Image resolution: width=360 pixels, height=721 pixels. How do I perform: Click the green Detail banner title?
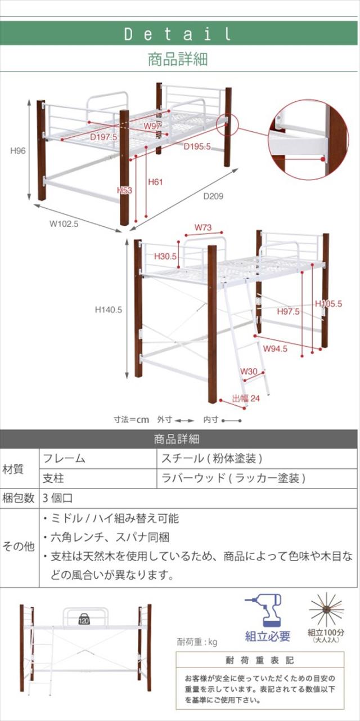tap(178, 34)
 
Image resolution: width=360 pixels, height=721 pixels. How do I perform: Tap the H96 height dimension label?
tap(18, 151)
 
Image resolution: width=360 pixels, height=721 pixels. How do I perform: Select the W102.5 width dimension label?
tap(64, 223)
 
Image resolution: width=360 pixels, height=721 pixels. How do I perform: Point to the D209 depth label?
tap(213, 196)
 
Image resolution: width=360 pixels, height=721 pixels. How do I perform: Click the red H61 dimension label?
tap(155, 182)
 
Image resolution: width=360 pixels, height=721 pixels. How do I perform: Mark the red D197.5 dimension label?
tap(103, 137)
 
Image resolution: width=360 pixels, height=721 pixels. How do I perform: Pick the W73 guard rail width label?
tap(203, 227)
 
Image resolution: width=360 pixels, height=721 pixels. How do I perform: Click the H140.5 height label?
tap(109, 310)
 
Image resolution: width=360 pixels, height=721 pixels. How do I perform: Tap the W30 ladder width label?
tap(249, 371)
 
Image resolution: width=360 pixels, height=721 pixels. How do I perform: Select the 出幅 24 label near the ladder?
tap(246, 398)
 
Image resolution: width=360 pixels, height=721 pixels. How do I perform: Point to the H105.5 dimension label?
tap(328, 303)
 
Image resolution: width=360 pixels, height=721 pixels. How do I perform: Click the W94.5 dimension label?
tap(275, 348)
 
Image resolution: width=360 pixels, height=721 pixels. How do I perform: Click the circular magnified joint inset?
tap(309, 140)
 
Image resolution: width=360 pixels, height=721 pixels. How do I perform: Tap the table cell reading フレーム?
tap(64, 458)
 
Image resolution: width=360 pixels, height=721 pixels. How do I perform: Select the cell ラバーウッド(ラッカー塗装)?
tap(233, 478)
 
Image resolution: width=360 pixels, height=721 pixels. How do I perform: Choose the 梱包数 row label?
tap(19, 498)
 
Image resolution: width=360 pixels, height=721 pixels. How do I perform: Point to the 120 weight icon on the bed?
tap(84, 620)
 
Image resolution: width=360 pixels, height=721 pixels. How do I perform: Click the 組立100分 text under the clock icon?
tap(326, 633)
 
